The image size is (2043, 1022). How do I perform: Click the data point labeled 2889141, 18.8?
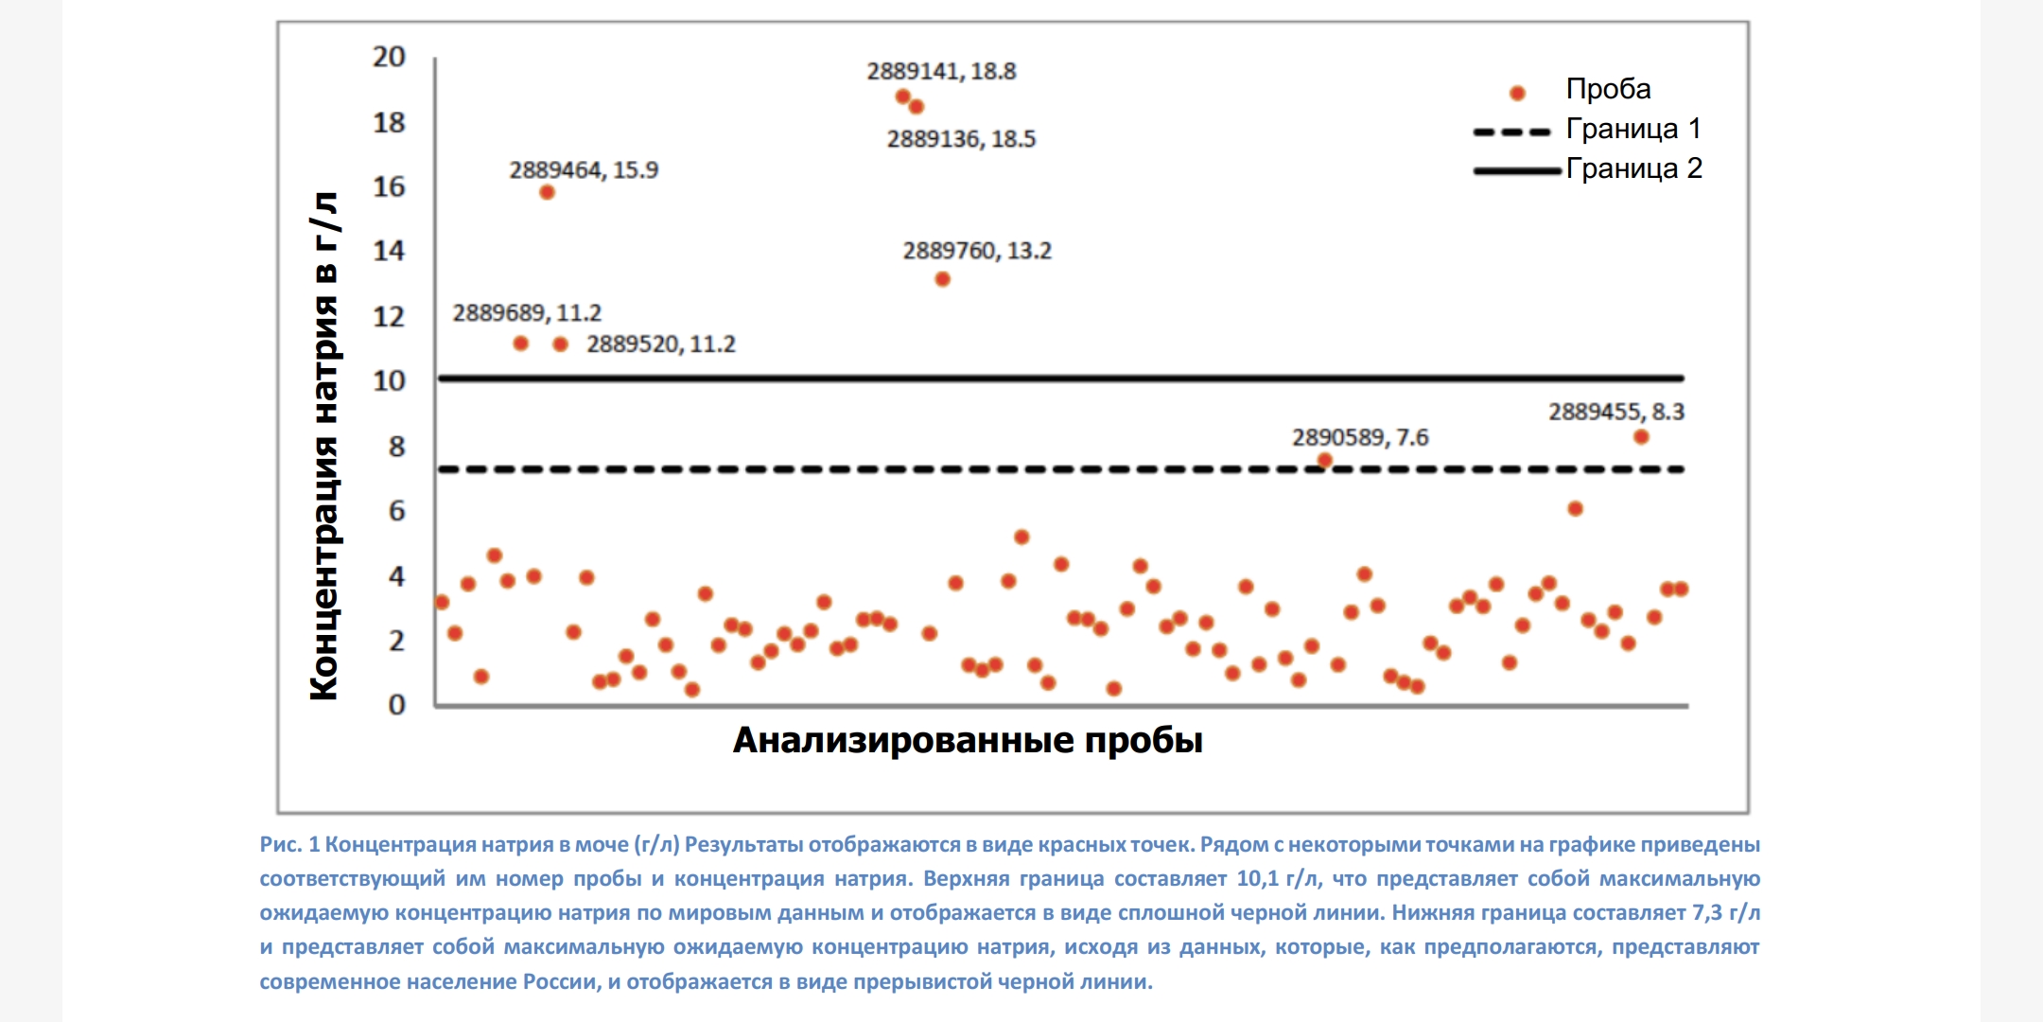coord(902,97)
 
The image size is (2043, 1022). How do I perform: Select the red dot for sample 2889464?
coord(547,192)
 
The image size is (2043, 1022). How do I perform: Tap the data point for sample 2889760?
coord(942,279)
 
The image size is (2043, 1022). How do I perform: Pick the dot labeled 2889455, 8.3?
coord(1641,437)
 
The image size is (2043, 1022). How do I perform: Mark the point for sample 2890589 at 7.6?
coord(1325,461)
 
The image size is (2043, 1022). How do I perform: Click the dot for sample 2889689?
coord(520,344)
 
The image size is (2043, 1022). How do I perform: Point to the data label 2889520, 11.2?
coord(660,344)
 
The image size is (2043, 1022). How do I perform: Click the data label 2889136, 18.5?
coord(961,139)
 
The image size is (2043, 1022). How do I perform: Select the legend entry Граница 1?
coord(1633,129)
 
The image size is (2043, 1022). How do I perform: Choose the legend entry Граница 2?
coord(1633,168)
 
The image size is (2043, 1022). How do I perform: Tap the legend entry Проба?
coord(1608,89)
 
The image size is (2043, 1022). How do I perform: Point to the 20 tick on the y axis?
coord(389,57)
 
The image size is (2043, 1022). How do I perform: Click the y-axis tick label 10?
coord(389,380)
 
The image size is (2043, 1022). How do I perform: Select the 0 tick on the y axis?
coord(396,704)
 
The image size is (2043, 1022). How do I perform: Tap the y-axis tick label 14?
coord(389,251)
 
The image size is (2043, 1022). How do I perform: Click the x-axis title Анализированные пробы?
coord(968,740)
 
